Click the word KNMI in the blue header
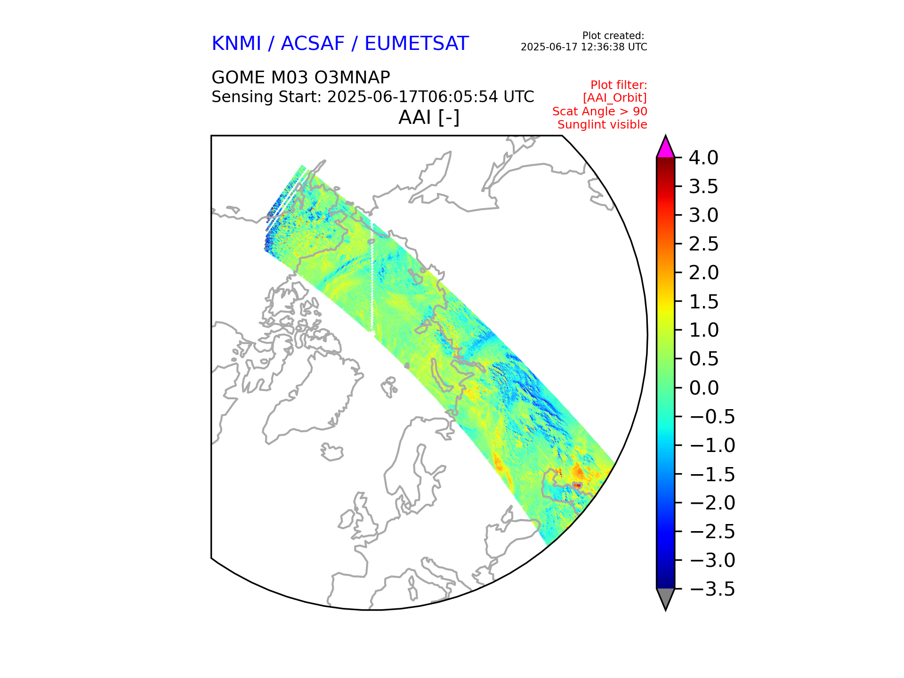pos(236,44)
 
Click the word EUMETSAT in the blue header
pos(416,44)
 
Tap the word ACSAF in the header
pos(313,44)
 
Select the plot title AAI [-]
pos(428,117)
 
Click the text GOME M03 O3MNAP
pos(300,77)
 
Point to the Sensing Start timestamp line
pos(372,97)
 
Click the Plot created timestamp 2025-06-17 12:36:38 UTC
pos(584,47)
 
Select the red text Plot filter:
pos(619,85)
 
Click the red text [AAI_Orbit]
pos(614,98)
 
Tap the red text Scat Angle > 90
pos(599,112)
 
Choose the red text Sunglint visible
pos(602,125)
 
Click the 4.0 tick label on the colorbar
pos(703,158)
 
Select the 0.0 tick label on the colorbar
pos(703,388)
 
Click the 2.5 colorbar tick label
pos(703,244)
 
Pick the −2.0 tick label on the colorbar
pos(711,503)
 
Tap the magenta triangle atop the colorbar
pos(665,148)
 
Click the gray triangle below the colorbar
pos(665,597)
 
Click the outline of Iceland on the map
pos(332,452)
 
